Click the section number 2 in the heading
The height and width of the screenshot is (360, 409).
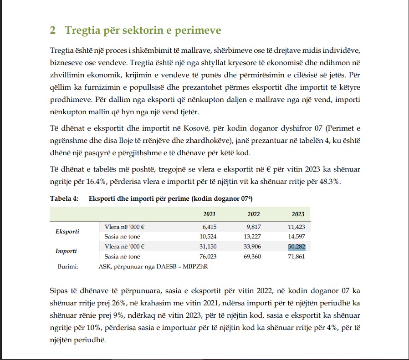click(x=53, y=30)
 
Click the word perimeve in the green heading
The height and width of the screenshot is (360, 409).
click(x=199, y=31)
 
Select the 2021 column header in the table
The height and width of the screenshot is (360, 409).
click(x=209, y=214)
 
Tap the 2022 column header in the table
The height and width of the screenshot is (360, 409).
click(x=253, y=214)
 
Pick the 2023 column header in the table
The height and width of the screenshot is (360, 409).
click(x=298, y=214)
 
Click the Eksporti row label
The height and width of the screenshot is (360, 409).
click(x=67, y=231)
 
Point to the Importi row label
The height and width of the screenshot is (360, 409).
click(x=66, y=251)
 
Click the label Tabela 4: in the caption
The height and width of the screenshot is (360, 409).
click(x=64, y=198)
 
